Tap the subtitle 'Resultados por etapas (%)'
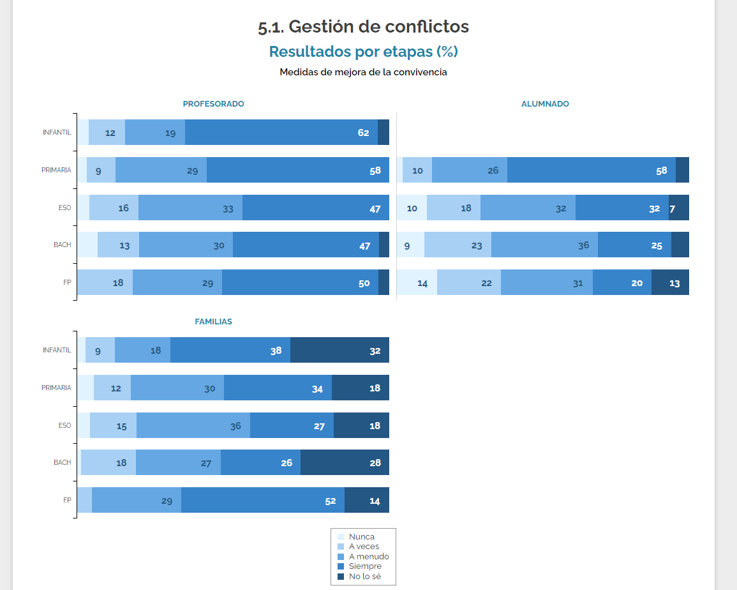click(x=363, y=51)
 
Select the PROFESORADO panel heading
click(x=213, y=103)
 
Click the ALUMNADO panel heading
click(x=545, y=103)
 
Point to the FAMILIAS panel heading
click(x=213, y=322)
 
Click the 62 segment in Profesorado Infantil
click(x=281, y=132)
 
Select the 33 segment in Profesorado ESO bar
click(x=190, y=208)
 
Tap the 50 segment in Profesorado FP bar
click(x=300, y=282)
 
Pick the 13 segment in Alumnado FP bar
click(x=670, y=282)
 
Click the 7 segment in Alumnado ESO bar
click(x=679, y=208)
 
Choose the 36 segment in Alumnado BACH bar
click(x=544, y=245)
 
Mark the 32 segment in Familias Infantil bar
click(x=339, y=350)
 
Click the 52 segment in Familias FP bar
click(x=263, y=500)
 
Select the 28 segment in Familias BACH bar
click(x=345, y=462)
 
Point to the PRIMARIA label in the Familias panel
click(x=56, y=388)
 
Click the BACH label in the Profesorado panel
click(x=62, y=245)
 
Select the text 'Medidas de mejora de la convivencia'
click(x=363, y=72)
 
